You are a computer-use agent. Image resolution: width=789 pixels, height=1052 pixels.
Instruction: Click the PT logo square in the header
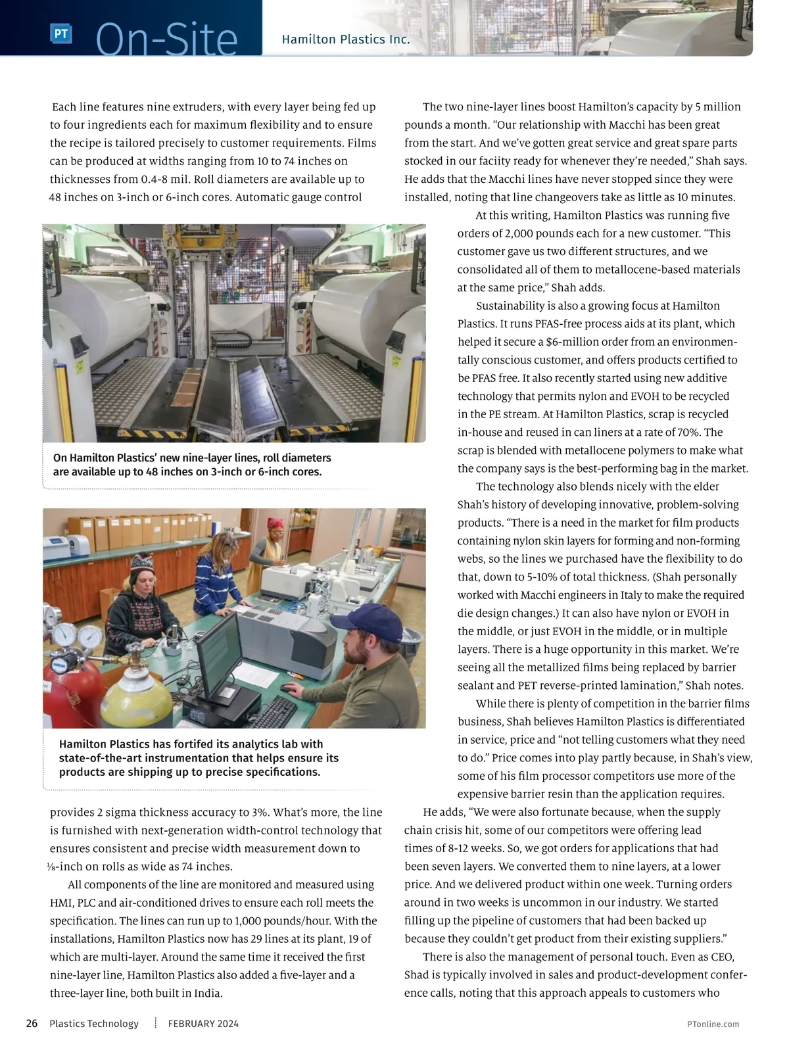pyautogui.click(x=60, y=34)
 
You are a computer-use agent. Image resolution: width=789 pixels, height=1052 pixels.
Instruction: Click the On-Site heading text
pyautogui.click(x=167, y=39)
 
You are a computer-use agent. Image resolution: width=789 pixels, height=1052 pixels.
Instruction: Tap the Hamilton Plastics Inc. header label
pyautogui.click(x=346, y=39)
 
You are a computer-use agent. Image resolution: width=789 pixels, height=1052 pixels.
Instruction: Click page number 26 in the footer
pyautogui.click(x=32, y=1024)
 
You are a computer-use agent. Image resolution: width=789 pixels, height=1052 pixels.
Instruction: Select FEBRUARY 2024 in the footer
pyautogui.click(x=203, y=1024)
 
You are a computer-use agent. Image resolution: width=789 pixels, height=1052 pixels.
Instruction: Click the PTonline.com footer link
pyautogui.click(x=713, y=1024)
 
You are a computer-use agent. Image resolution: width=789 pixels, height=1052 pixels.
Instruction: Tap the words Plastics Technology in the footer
pyautogui.click(x=94, y=1024)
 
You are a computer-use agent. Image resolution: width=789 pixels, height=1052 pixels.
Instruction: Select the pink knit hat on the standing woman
pyautogui.click(x=274, y=525)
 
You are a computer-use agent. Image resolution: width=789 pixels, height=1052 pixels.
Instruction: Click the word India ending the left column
pyautogui.click(x=209, y=993)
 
